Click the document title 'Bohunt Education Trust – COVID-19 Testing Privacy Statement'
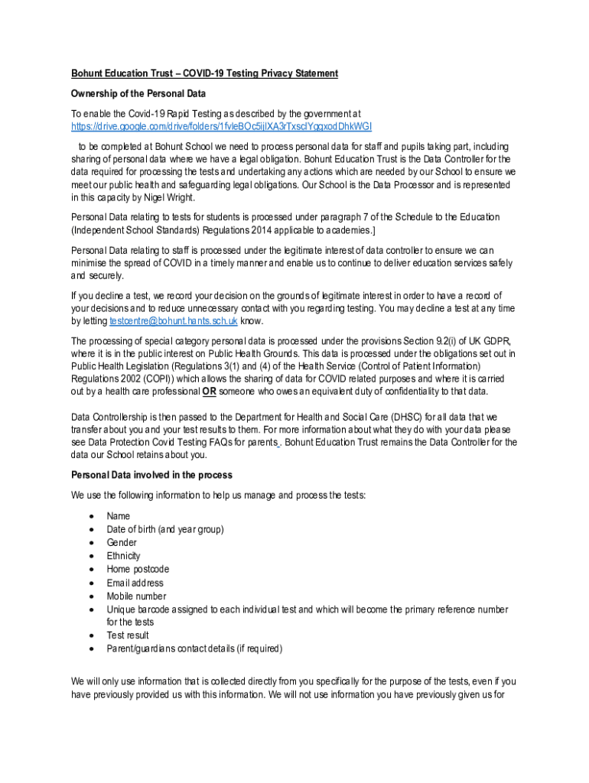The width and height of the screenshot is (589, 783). click(x=204, y=73)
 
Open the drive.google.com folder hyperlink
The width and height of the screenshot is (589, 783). click(x=221, y=126)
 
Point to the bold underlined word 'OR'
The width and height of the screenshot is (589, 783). click(x=208, y=392)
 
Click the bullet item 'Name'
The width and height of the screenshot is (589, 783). click(x=119, y=516)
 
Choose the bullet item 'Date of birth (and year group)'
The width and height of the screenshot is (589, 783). click(x=165, y=529)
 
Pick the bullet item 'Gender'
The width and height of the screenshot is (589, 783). click(x=122, y=543)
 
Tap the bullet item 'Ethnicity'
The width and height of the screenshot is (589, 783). click(x=123, y=556)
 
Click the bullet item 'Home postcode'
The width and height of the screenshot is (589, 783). click(x=138, y=569)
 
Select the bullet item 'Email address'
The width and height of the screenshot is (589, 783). click(x=135, y=583)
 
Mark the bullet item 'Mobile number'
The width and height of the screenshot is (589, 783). click(x=136, y=596)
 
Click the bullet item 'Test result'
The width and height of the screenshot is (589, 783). click(x=128, y=635)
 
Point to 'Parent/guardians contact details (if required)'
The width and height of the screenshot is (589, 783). click(x=194, y=648)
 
